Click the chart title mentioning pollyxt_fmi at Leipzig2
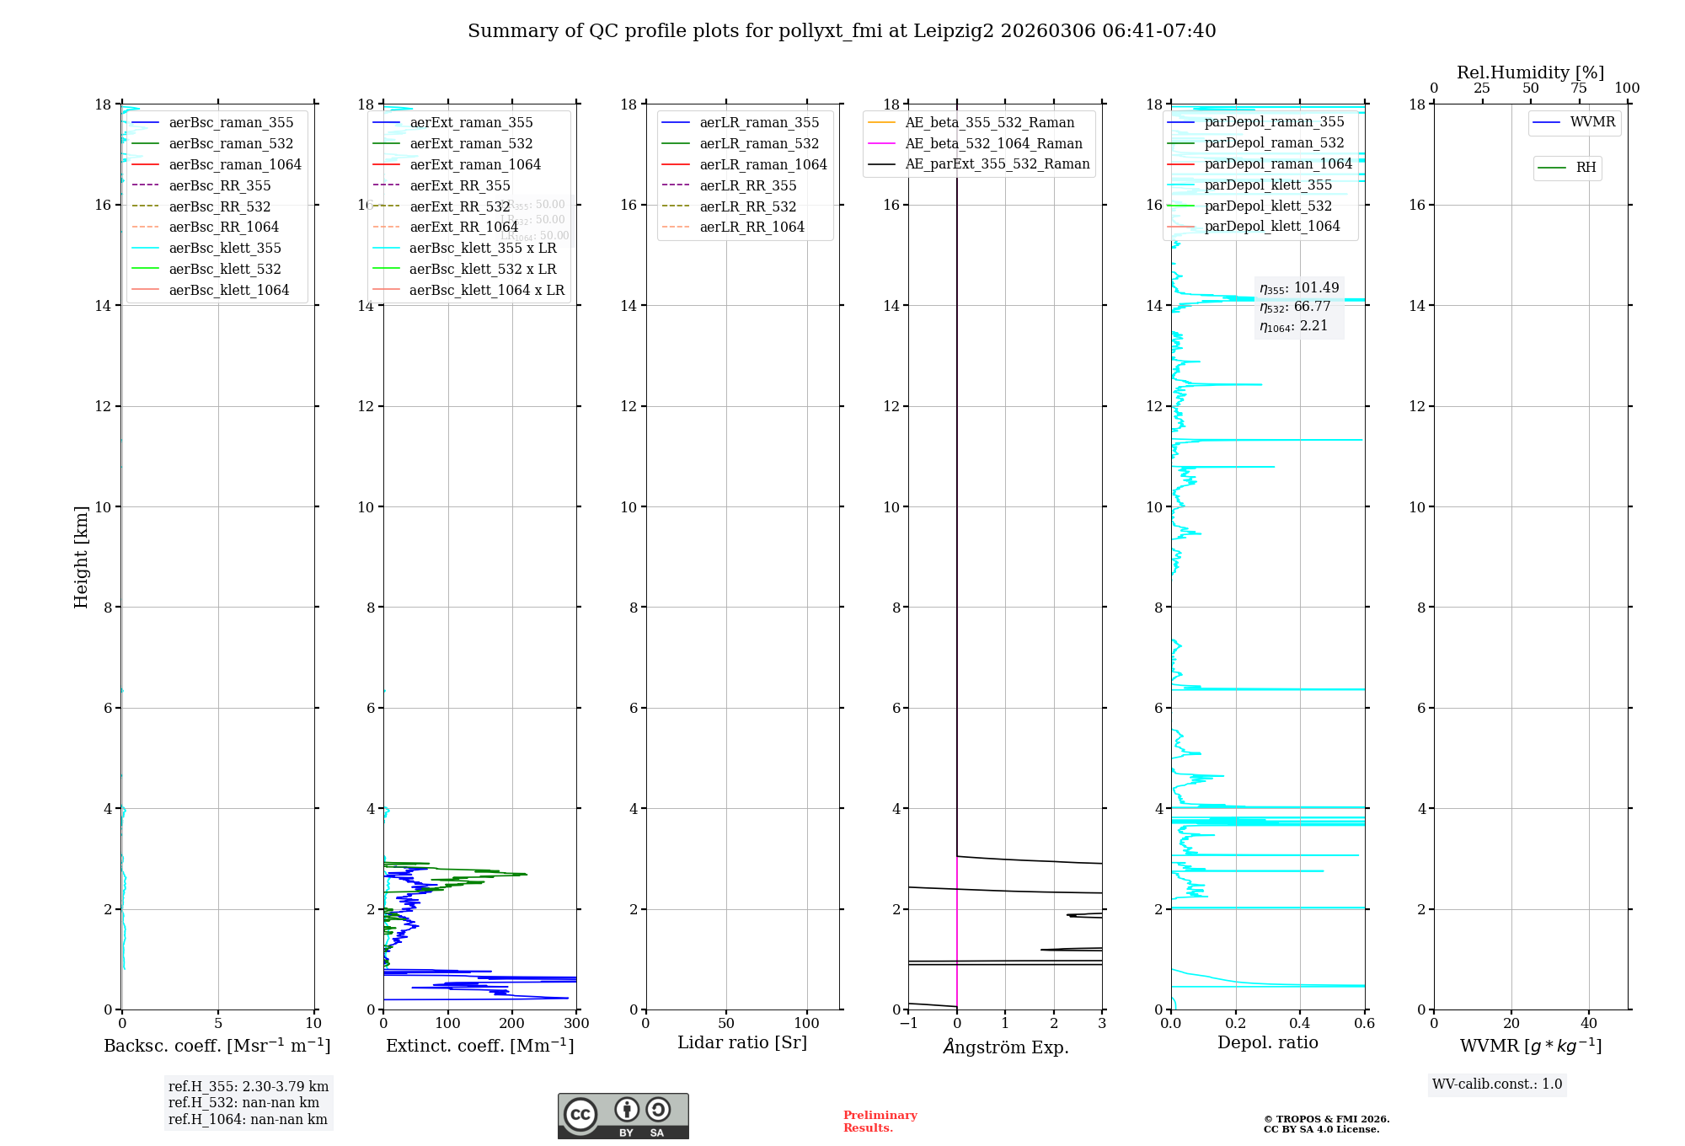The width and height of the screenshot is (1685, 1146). pos(842,31)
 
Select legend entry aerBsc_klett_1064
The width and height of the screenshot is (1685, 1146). pos(228,290)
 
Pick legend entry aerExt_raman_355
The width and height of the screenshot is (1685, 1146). pos(471,123)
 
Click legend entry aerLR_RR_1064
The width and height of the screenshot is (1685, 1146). pos(752,227)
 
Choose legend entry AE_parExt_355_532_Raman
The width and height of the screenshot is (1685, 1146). pos(997,164)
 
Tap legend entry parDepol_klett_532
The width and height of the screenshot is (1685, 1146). pos(1268,206)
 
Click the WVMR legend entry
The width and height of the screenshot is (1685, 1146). pos(1592,122)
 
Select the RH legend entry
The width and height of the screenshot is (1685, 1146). pos(1586,168)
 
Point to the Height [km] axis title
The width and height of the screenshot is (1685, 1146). pos(81,556)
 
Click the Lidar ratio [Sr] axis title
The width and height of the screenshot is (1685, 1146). pos(742,1042)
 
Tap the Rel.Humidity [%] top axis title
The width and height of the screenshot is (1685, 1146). pos(1530,72)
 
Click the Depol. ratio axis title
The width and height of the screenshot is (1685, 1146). pos(1267,1042)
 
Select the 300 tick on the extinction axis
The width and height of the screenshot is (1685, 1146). pos(576,1024)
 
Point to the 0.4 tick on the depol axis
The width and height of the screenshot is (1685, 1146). pos(1300,1024)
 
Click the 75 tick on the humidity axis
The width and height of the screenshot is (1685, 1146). pos(1579,88)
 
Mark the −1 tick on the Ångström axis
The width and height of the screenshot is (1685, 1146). pos(908,1024)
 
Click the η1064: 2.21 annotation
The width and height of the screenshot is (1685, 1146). pos(1293,326)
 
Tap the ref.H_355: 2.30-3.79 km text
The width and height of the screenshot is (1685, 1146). pos(249,1087)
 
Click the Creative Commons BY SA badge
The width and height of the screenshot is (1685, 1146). pos(623,1116)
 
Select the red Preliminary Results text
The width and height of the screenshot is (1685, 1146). pos(880,1122)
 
